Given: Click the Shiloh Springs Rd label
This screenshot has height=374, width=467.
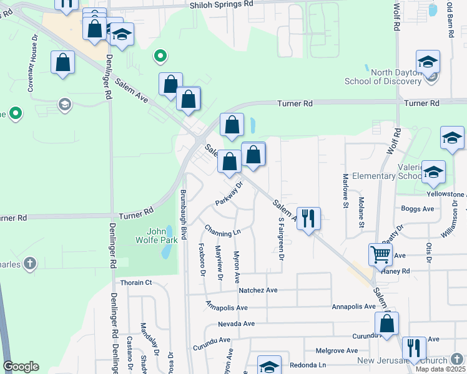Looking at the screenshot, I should [x=222, y=4].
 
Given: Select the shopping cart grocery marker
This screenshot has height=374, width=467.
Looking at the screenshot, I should [x=380, y=254].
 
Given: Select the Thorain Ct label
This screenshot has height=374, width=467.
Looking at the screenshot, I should [x=136, y=282].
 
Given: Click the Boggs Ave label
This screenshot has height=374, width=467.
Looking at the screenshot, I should [x=418, y=209].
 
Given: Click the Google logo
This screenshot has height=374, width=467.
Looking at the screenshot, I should [x=21, y=366].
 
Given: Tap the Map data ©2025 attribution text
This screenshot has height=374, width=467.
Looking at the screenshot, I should [x=440, y=369].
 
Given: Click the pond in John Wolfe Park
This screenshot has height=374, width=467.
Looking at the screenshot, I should [x=165, y=251].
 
